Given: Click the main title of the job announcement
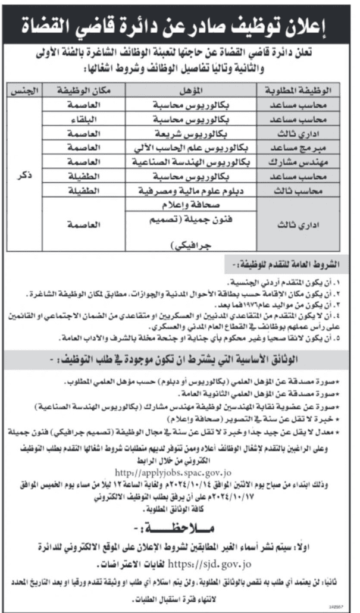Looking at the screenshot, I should pyautogui.click(x=180, y=26).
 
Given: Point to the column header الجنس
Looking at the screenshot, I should pyautogui.click(x=23, y=91).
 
